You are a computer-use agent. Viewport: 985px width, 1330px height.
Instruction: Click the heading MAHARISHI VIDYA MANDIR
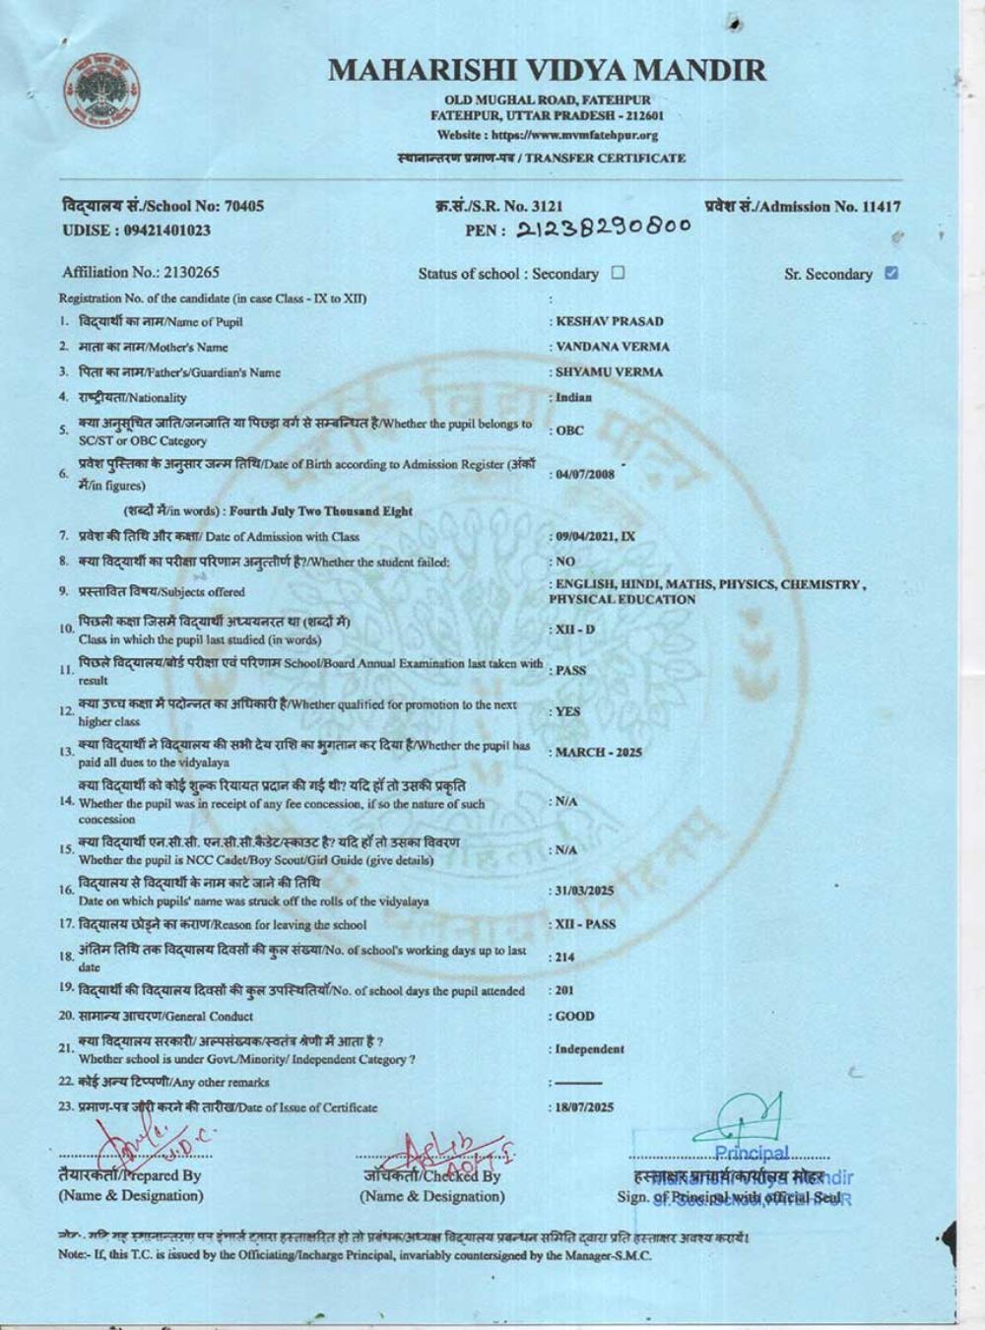click(547, 70)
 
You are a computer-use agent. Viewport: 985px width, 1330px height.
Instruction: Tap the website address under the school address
click(547, 135)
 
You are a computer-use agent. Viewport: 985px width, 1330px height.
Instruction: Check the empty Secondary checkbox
click(618, 273)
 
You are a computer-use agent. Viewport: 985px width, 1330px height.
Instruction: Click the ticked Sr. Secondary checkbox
click(891, 273)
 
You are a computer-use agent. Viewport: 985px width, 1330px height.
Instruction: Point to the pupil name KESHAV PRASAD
click(609, 321)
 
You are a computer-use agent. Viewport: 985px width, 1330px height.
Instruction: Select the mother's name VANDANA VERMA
click(612, 347)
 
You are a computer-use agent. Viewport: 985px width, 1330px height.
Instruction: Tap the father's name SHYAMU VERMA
click(609, 372)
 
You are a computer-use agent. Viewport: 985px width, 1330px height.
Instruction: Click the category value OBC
click(569, 431)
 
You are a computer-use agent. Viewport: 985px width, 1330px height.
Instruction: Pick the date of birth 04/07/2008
click(584, 474)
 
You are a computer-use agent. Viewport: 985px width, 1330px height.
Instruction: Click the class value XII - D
click(575, 629)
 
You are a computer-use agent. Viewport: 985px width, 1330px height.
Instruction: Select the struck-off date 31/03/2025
click(584, 891)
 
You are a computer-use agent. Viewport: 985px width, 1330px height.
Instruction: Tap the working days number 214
click(564, 957)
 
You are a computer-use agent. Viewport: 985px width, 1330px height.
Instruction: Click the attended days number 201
click(564, 990)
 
